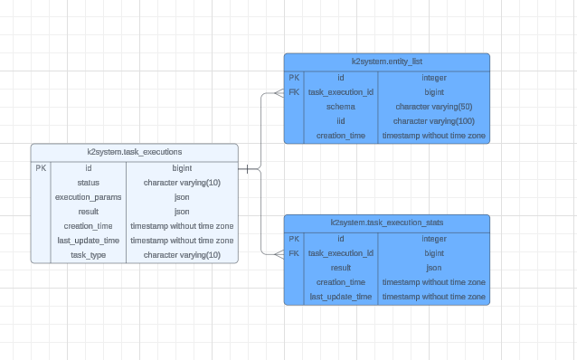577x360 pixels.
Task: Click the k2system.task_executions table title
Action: pyautogui.click(x=135, y=152)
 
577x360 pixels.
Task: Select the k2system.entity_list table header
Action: pyautogui.click(x=386, y=61)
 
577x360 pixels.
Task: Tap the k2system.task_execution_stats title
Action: pyautogui.click(x=386, y=223)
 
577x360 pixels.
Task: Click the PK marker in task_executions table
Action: pyautogui.click(x=41, y=168)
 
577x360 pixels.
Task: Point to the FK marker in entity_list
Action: pyautogui.click(x=294, y=92)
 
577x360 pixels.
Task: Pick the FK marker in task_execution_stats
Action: pyautogui.click(x=294, y=253)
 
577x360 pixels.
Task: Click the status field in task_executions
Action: pyautogui.click(x=89, y=183)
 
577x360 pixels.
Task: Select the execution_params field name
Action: pyautogui.click(x=89, y=197)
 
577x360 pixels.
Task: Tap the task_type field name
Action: pyautogui.click(x=89, y=255)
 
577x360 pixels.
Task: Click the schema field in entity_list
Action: pyautogui.click(x=341, y=107)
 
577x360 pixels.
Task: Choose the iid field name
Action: pyautogui.click(x=341, y=121)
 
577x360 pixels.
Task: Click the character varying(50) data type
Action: pyautogui.click(x=434, y=107)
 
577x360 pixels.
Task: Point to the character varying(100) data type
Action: pyautogui.click(x=434, y=121)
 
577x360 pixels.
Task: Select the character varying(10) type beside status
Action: pyautogui.click(x=182, y=183)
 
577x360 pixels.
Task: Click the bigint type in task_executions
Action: pyautogui.click(x=182, y=168)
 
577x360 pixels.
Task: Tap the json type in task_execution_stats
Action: pyautogui.click(x=434, y=268)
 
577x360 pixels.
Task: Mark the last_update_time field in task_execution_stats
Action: pyautogui.click(x=341, y=297)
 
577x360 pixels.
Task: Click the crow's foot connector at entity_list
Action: pyautogui.click(x=279, y=92)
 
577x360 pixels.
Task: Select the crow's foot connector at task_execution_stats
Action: pyautogui.click(x=279, y=253)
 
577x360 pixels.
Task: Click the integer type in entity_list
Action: pyautogui.click(x=434, y=78)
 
